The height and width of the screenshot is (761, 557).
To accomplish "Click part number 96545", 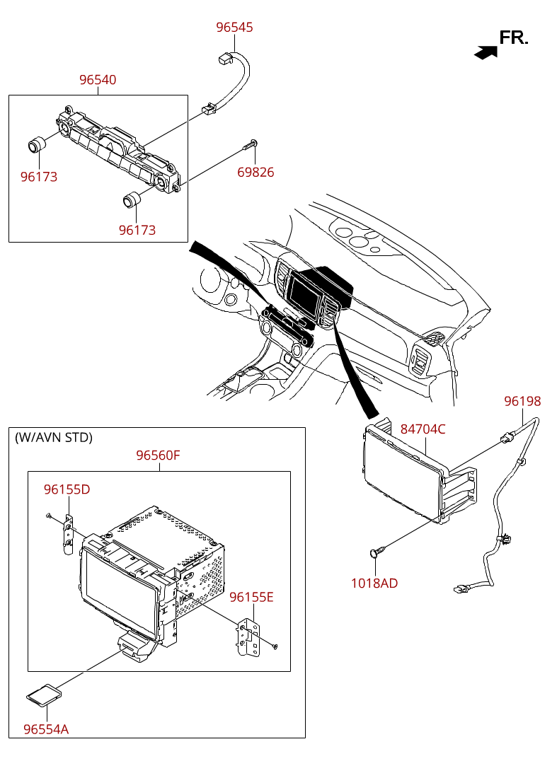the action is [234, 27].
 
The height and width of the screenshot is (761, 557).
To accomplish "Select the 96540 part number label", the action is [98, 80].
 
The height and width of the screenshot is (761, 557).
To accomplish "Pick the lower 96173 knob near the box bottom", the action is [131, 200].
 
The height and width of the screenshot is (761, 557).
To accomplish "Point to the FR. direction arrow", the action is [486, 52].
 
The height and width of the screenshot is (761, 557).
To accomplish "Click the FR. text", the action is [514, 38].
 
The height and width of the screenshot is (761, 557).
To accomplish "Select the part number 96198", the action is [522, 402].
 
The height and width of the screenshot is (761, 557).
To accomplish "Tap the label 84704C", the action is [423, 429].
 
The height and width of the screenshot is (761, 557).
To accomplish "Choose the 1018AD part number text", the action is [374, 583].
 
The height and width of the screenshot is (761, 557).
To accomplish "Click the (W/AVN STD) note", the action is [53, 438].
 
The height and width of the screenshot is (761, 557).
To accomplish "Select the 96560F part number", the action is [159, 455].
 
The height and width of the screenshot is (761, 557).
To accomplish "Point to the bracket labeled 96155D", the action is [69, 535].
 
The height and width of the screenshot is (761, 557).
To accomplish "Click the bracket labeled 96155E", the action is [248, 637].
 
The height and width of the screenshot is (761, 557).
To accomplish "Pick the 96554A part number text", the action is [46, 729].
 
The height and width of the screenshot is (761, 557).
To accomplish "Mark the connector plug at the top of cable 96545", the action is [225, 58].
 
